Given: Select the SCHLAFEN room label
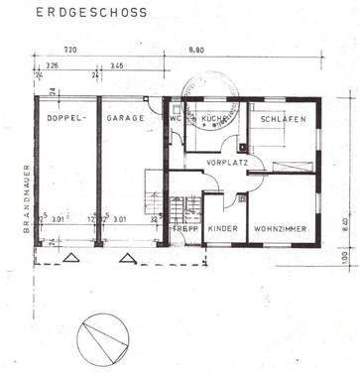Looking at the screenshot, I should (x=284, y=118).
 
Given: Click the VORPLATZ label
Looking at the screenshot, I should (x=226, y=161).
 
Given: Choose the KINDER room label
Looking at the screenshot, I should (x=223, y=229).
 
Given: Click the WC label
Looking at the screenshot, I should (x=176, y=118).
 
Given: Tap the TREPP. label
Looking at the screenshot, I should (x=184, y=229).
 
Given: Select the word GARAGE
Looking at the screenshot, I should (x=127, y=118).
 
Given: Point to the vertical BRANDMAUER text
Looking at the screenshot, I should (x=26, y=197).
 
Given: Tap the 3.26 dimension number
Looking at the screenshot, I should (x=53, y=66).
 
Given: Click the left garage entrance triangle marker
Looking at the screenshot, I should (x=70, y=257).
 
